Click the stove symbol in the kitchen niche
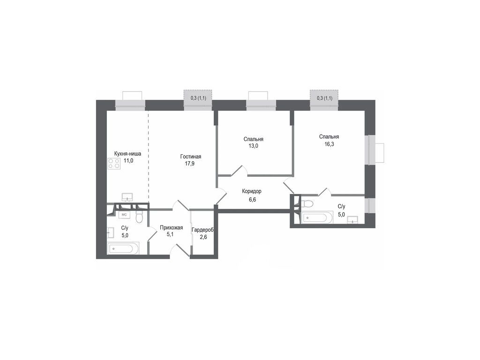coord(114,163)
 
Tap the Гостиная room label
coord(190,157)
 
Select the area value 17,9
coord(190,164)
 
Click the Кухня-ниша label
coord(127,153)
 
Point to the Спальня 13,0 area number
coord(253,146)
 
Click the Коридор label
coord(252,191)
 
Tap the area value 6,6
coord(252,199)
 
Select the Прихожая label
coord(171,228)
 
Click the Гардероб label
coord(202,230)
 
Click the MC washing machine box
coord(124,215)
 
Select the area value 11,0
coord(128,160)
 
